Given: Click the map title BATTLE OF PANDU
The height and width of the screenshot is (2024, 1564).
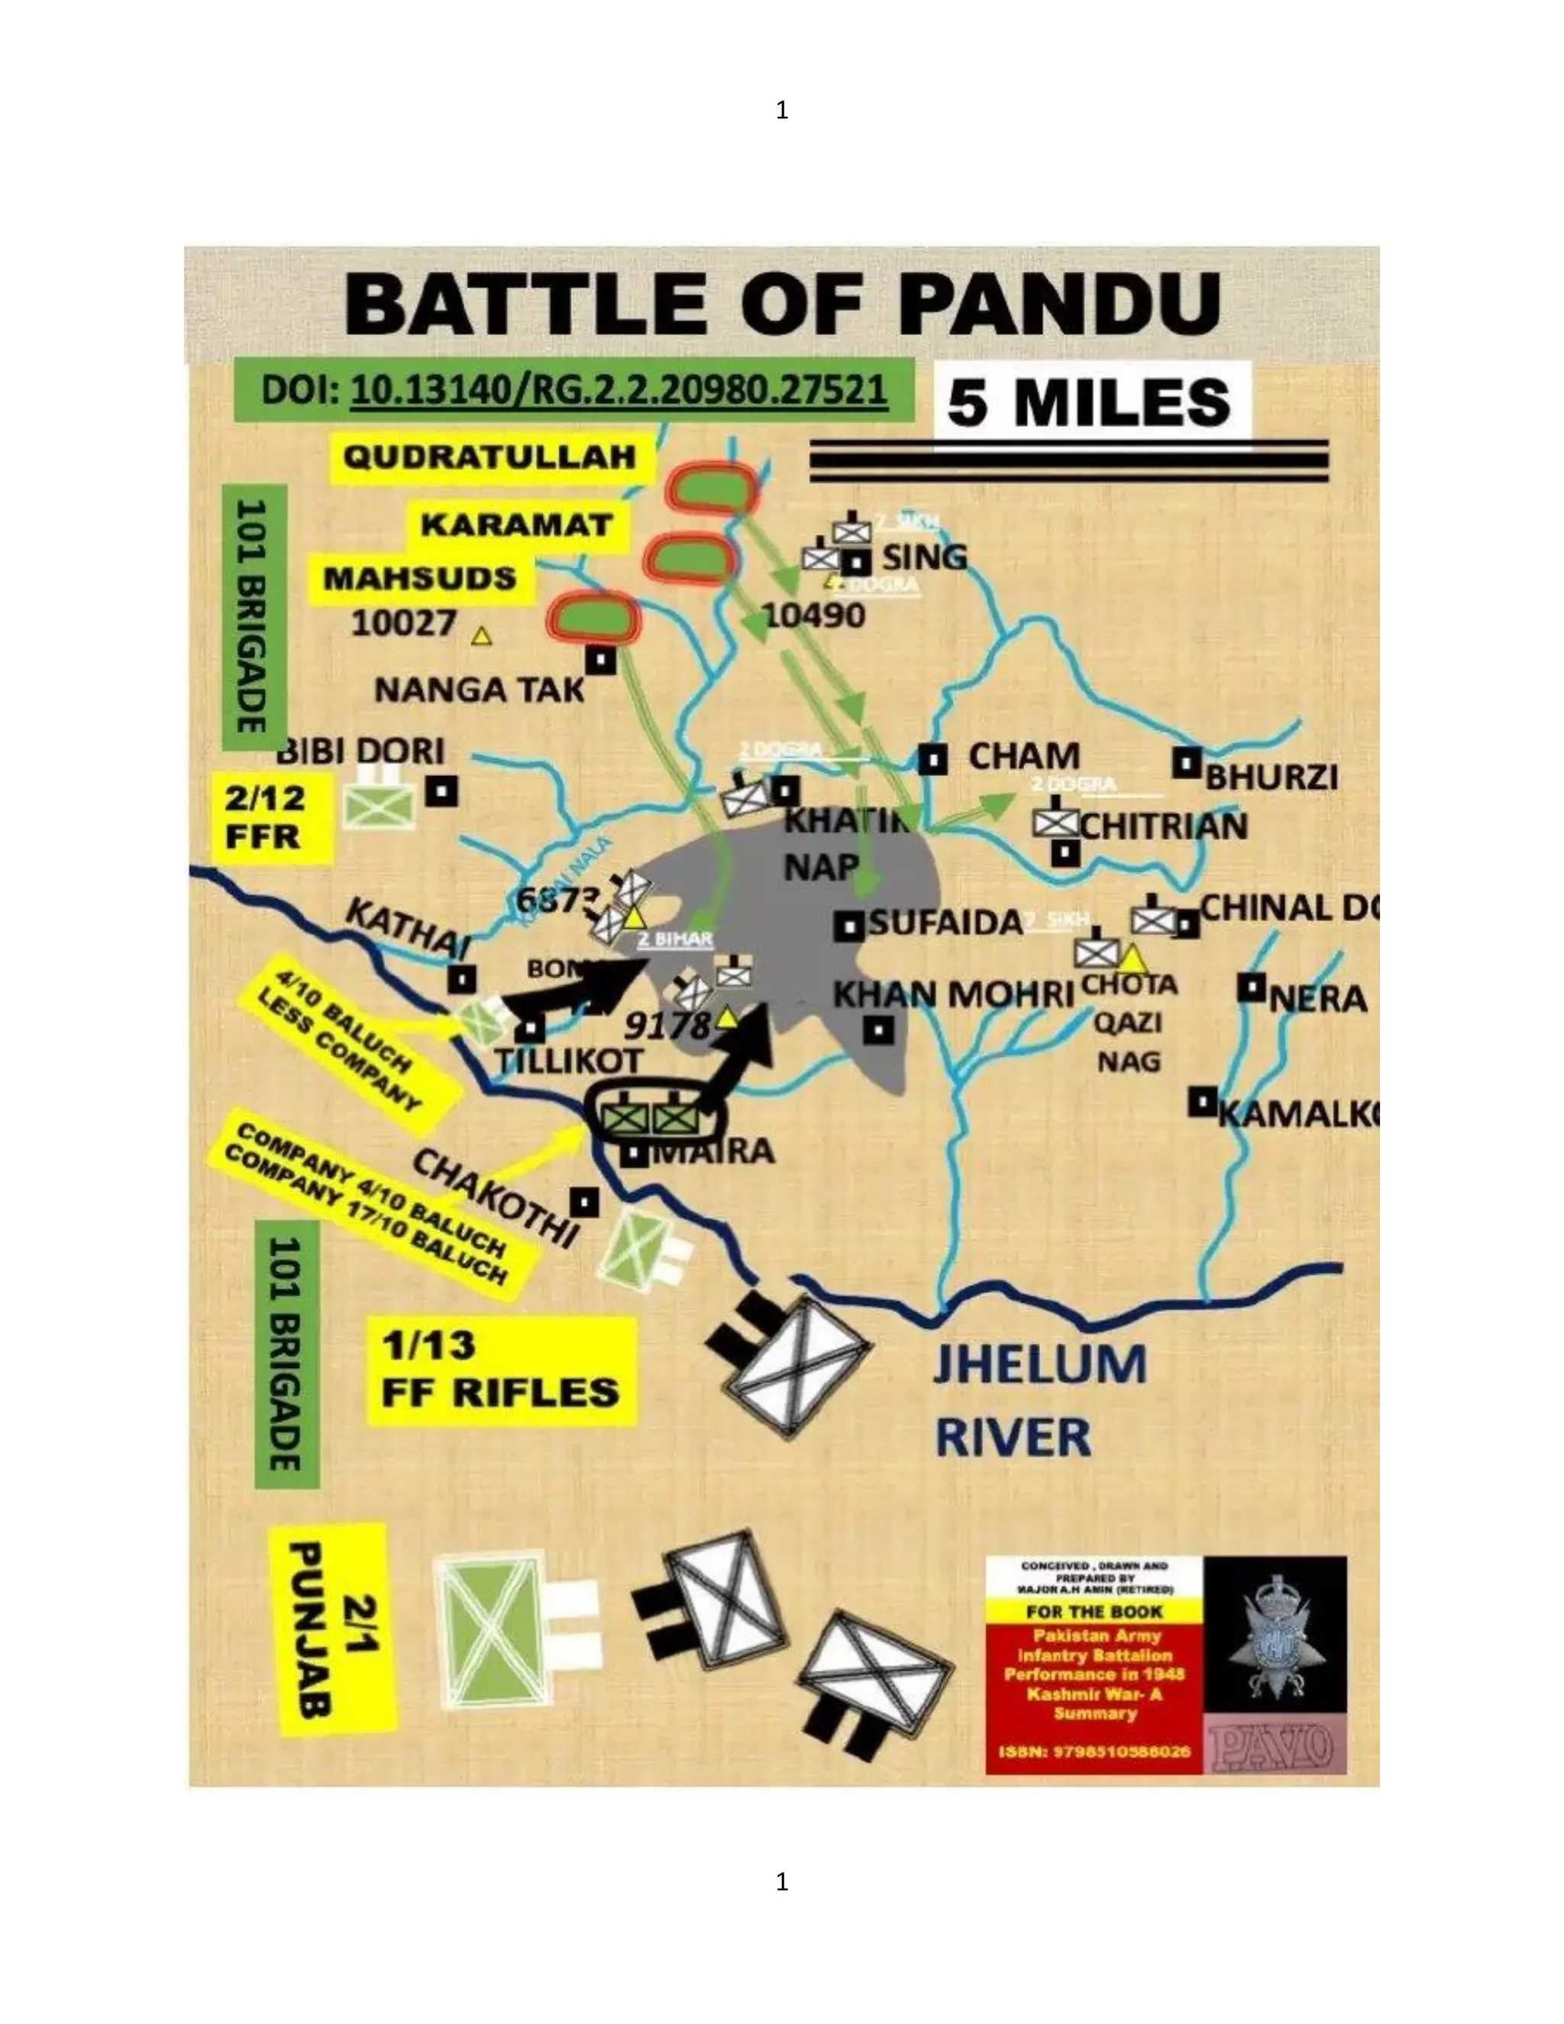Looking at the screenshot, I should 781,304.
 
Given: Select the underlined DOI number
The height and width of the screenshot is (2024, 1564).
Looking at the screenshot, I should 619,390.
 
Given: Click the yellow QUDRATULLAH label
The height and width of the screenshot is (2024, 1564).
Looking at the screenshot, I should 490,457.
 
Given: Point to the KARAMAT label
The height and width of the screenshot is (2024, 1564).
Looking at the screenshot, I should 516,525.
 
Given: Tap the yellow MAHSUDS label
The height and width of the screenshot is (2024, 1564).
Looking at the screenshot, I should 420,578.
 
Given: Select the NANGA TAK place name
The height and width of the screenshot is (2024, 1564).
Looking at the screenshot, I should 479,690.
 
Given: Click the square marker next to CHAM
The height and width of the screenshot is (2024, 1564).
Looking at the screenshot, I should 932,760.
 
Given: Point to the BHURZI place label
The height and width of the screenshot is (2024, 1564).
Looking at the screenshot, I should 1272,778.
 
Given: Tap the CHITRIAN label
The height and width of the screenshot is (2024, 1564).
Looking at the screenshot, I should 1164,826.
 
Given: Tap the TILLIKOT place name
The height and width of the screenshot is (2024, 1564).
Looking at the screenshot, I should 569,1060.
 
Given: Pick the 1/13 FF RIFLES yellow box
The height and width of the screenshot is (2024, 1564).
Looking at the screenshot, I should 500,1369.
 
